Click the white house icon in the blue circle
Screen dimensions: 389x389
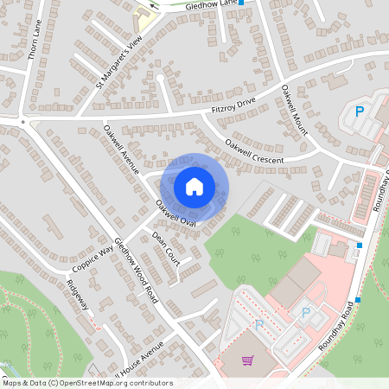194,186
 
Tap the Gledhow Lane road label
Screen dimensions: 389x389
212,3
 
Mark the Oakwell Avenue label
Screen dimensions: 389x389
121,150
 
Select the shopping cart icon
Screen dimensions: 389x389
248,360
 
